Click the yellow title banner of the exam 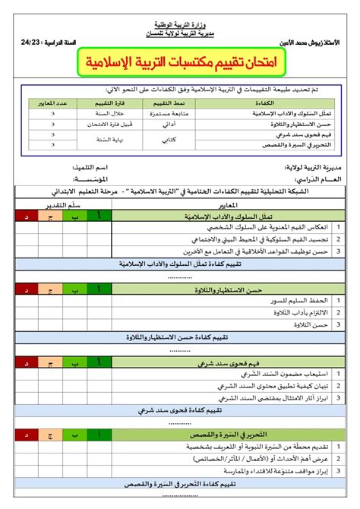pyautogui.click(x=180, y=62)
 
